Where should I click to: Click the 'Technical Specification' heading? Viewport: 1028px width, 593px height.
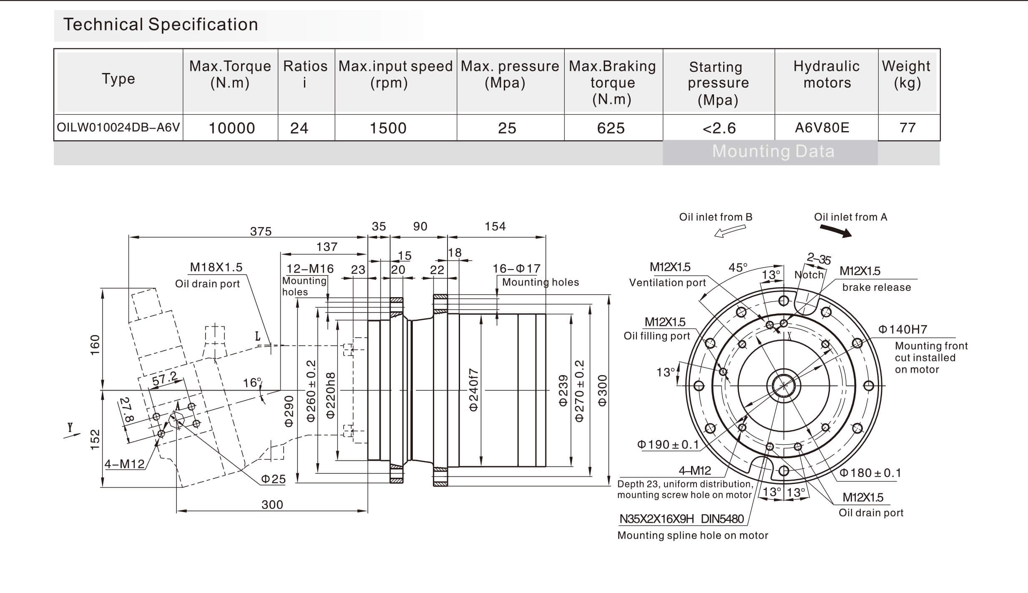click(161, 25)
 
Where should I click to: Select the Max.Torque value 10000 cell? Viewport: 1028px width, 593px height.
click(231, 128)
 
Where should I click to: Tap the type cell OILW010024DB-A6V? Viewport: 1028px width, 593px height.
click(118, 127)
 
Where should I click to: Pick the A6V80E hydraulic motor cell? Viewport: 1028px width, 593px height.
click(822, 127)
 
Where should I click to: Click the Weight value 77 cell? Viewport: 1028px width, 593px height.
click(907, 127)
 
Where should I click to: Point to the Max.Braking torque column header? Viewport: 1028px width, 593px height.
click(612, 82)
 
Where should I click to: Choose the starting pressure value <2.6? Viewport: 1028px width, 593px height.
click(719, 128)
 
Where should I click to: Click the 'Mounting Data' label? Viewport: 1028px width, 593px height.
click(773, 151)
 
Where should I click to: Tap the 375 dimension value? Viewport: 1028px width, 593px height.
click(261, 231)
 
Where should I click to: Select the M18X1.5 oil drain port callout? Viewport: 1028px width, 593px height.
click(216, 267)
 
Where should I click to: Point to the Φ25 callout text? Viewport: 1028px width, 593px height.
click(273, 479)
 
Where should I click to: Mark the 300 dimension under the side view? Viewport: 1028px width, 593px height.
click(272, 505)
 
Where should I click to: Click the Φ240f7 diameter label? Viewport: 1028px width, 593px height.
click(473, 390)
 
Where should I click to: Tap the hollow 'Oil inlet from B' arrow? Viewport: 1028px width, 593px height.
click(730, 231)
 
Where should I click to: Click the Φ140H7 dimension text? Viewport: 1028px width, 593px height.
click(902, 330)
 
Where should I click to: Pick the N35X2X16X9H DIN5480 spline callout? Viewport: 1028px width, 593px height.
click(681, 519)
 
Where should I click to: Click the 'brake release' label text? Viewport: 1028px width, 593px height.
click(876, 288)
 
